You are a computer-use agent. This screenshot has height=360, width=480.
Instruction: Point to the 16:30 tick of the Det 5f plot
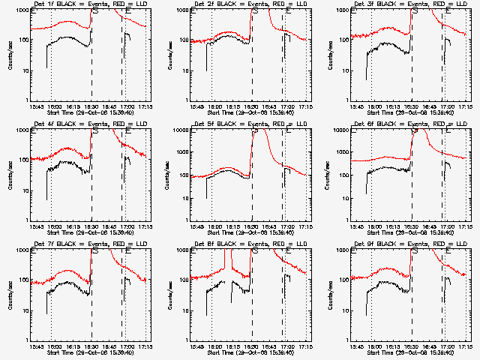251,226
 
